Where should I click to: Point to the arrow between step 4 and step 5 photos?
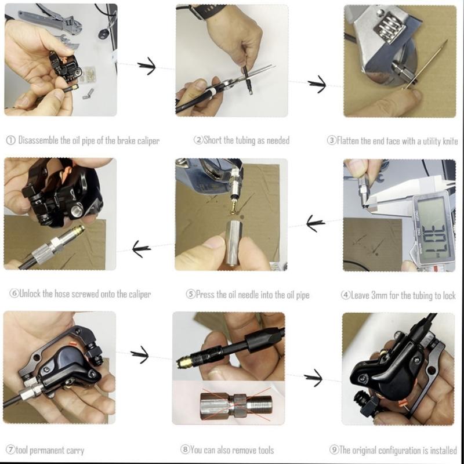[x=315, y=222]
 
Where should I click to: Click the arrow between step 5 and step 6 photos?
[x=142, y=249]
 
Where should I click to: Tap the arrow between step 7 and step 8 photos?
[x=140, y=354]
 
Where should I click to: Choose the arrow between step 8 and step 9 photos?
[x=313, y=378]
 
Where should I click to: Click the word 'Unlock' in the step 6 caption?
[x=34, y=294]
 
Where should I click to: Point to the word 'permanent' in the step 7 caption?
[x=49, y=451]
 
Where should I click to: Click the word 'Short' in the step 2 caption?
[x=213, y=140]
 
